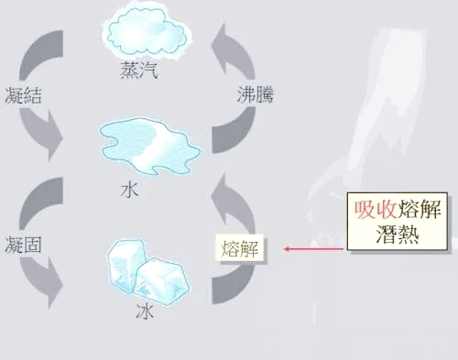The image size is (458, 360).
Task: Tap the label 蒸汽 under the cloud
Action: click(x=139, y=70)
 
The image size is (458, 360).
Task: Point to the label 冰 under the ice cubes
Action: click(x=145, y=311)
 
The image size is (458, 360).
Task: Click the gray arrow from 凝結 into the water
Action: click(x=46, y=133)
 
